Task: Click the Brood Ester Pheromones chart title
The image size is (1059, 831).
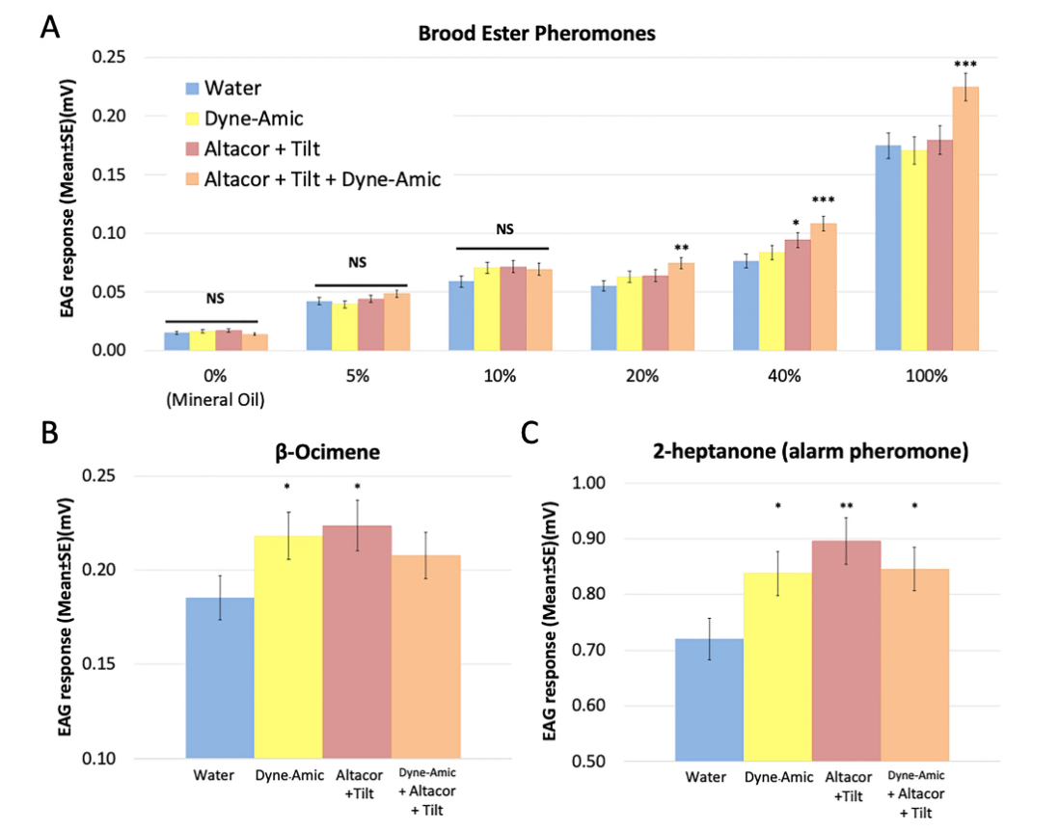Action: [536, 34]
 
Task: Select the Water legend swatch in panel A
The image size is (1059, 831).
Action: [192, 89]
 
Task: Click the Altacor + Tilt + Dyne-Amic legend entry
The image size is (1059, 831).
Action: [322, 178]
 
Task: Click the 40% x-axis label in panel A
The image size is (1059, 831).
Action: [783, 376]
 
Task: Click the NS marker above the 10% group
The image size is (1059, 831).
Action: [504, 229]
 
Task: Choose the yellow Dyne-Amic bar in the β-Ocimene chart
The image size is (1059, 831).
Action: [287, 647]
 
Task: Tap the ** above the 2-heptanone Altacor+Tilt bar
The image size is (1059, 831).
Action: [846, 504]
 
